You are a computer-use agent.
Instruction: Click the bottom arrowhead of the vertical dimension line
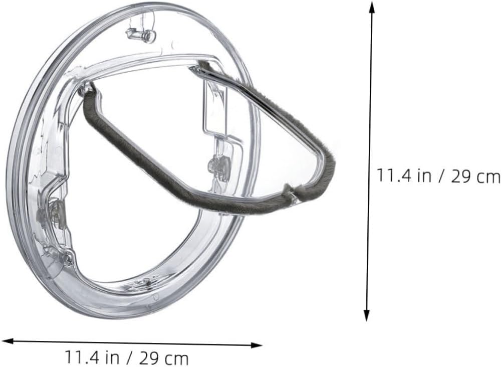coord(367,315)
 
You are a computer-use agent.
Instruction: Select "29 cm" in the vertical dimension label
coord(475,176)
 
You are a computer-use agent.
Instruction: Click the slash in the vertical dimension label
coord(440,176)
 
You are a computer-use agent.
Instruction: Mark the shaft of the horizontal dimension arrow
coord(130,343)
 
